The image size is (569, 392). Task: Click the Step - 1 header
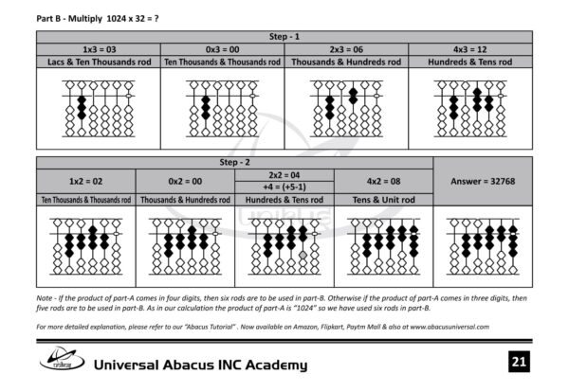coord(284,35)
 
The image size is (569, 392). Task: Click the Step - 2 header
coord(234,162)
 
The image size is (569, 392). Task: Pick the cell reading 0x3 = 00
coord(222,48)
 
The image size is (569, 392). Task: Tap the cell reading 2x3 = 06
coord(346,48)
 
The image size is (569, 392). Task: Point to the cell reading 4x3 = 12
coord(469,48)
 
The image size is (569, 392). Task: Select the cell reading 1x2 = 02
coord(85,180)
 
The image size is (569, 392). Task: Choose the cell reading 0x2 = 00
coord(185,180)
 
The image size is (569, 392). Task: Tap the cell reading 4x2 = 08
coord(383,180)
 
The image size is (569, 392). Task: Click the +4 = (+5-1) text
coord(284,187)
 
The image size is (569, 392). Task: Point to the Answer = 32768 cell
coord(483,180)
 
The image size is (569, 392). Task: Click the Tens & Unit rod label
coord(383,200)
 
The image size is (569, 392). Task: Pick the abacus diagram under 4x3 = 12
coord(469,109)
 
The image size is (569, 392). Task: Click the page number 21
coord(518,362)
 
